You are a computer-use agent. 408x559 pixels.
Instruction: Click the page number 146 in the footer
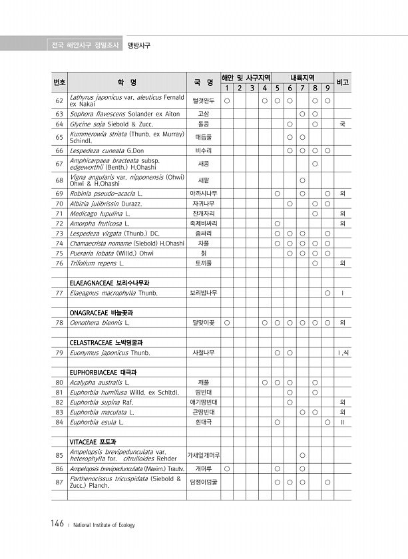pyautogui.click(x=57, y=524)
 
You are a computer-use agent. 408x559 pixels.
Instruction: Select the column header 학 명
pyautogui.click(x=126, y=83)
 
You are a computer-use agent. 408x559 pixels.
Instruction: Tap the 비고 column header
pyautogui.click(x=343, y=83)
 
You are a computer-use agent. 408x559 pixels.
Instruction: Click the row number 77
pyautogui.click(x=59, y=293)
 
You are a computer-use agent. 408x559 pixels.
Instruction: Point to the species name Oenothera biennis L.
pyautogui.click(x=100, y=323)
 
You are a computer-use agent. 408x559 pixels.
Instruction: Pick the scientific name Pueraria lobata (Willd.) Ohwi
pyautogui.click(x=111, y=253)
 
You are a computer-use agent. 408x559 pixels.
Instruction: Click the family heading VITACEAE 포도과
pyautogui.click(x=93, y=441)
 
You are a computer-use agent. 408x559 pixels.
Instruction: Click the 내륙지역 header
pyautogui.click(x=302, y=77)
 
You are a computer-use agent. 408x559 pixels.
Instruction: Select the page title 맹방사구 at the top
pyautogui.click(x=138, y=45)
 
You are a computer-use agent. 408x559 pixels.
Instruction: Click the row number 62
pyautogui.click(x=59, y=101)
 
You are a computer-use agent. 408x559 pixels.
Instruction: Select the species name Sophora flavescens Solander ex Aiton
pyautogui.click(x=124, y=114)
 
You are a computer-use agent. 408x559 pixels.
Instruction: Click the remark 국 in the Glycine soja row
pyautogui.click(x=342, y=124)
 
